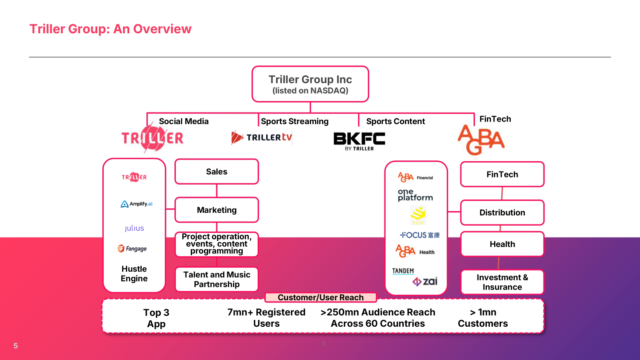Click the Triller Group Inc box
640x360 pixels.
(310, 84)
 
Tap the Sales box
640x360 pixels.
(217, 171)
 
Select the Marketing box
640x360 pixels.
(217, 210)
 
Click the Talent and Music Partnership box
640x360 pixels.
(217, 279)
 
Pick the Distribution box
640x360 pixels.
(502, 212)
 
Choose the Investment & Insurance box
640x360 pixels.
(502, 282)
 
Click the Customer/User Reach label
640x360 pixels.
(320, 297)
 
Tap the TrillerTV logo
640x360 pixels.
(262, 137)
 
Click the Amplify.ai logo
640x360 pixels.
(136, 204)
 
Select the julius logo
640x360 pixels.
(134, 228)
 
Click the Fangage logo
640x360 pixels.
(132, 249)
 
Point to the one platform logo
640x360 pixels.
(415, 195)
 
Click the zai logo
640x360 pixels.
(425, 282)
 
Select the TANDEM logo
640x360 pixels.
(403, 271)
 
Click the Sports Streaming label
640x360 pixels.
(294, 121)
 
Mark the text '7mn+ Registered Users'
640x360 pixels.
(266, 318)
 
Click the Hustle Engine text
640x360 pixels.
(134, 273)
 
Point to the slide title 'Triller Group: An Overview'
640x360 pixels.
(110, 29)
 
